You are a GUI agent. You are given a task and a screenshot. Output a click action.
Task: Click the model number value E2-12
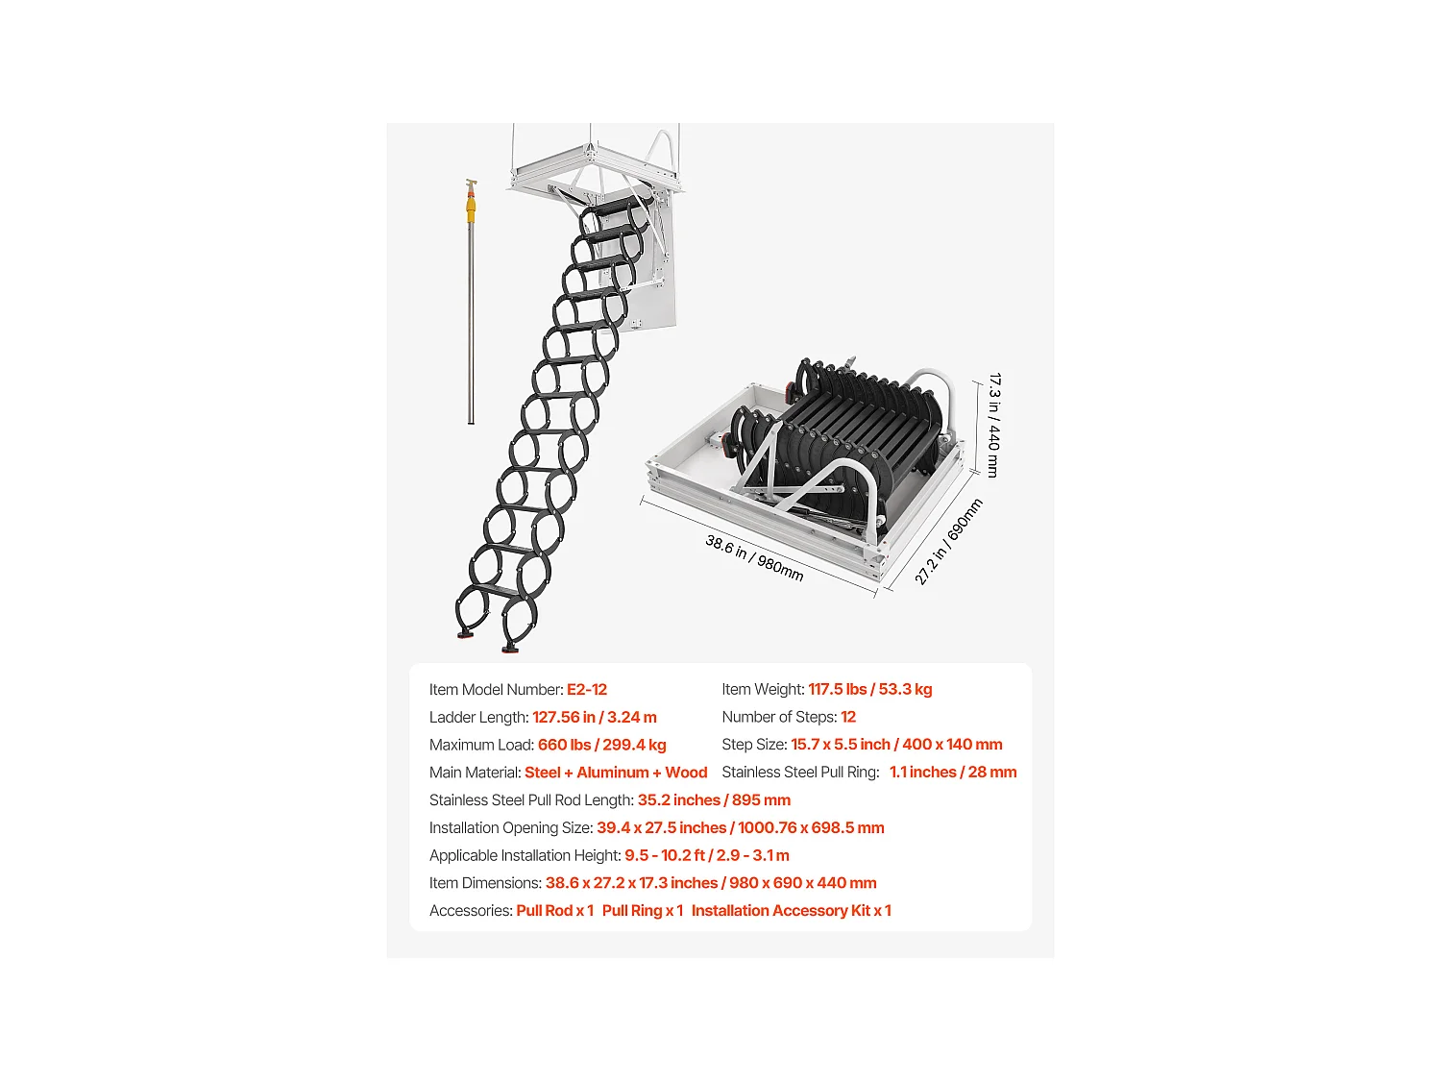pos(587,690)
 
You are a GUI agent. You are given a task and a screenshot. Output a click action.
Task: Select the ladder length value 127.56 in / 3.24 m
pos(595,718)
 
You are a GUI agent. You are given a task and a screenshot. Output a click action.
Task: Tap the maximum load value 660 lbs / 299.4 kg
pos(601,746)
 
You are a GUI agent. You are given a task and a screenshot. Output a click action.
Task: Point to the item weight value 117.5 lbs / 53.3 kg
pos(869,690)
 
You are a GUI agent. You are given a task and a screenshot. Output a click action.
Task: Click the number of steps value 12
pos(848,718)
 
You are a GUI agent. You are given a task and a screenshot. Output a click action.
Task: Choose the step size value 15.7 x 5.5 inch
pos(841,745)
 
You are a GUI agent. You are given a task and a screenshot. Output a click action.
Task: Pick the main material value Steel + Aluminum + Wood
pos(616,773)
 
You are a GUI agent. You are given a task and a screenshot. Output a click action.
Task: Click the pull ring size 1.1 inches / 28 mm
pos(952,773)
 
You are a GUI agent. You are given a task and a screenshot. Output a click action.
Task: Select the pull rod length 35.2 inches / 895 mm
pos(714,800)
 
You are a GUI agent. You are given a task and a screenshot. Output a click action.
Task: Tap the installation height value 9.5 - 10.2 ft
pos(665,856)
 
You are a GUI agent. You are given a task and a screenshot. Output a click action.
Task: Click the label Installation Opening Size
pos(510,828)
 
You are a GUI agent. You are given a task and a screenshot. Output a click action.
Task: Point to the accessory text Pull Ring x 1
pos(642,911)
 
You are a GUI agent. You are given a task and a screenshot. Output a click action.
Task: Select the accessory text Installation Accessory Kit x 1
pos(791,911)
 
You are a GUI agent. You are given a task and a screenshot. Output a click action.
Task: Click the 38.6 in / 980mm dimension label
pos(754,557)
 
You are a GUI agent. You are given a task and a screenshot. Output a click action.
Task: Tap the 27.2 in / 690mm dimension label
pos(948,542)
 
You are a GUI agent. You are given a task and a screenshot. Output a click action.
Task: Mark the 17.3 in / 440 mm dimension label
pos(994,426)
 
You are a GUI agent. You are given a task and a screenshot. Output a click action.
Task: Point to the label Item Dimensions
pos(485,883)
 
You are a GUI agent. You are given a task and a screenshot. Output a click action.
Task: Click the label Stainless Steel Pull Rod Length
pos(531,800)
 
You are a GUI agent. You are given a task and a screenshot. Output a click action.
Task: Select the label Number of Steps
pos(779,718)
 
